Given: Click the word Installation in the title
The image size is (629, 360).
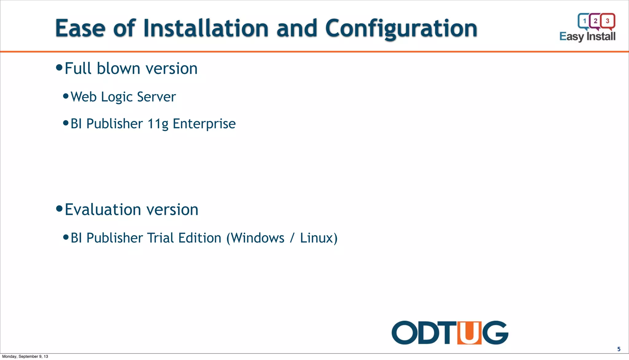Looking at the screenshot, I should coord(206,29).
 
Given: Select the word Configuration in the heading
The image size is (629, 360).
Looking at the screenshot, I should coord(401,29).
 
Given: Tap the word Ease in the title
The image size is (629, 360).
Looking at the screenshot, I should coord(80,29).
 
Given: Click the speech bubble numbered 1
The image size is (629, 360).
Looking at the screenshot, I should coord(584,21).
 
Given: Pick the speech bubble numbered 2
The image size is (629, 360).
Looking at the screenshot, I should coord(596,21).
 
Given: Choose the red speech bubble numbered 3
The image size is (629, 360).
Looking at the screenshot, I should coord(608,21).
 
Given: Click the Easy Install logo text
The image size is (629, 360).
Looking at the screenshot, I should coord(587,37).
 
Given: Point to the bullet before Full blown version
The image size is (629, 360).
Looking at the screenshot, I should coord(59,67).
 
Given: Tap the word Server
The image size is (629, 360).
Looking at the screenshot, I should coord(156,97).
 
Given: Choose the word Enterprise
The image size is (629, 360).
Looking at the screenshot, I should coord(204,124).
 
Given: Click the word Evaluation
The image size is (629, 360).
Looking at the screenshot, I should coord(103,210).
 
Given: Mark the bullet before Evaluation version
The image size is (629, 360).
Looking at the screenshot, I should coord(59,209).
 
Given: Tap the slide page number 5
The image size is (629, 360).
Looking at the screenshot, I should coord(619,349).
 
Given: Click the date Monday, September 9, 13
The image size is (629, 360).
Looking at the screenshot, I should coord(25,357).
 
